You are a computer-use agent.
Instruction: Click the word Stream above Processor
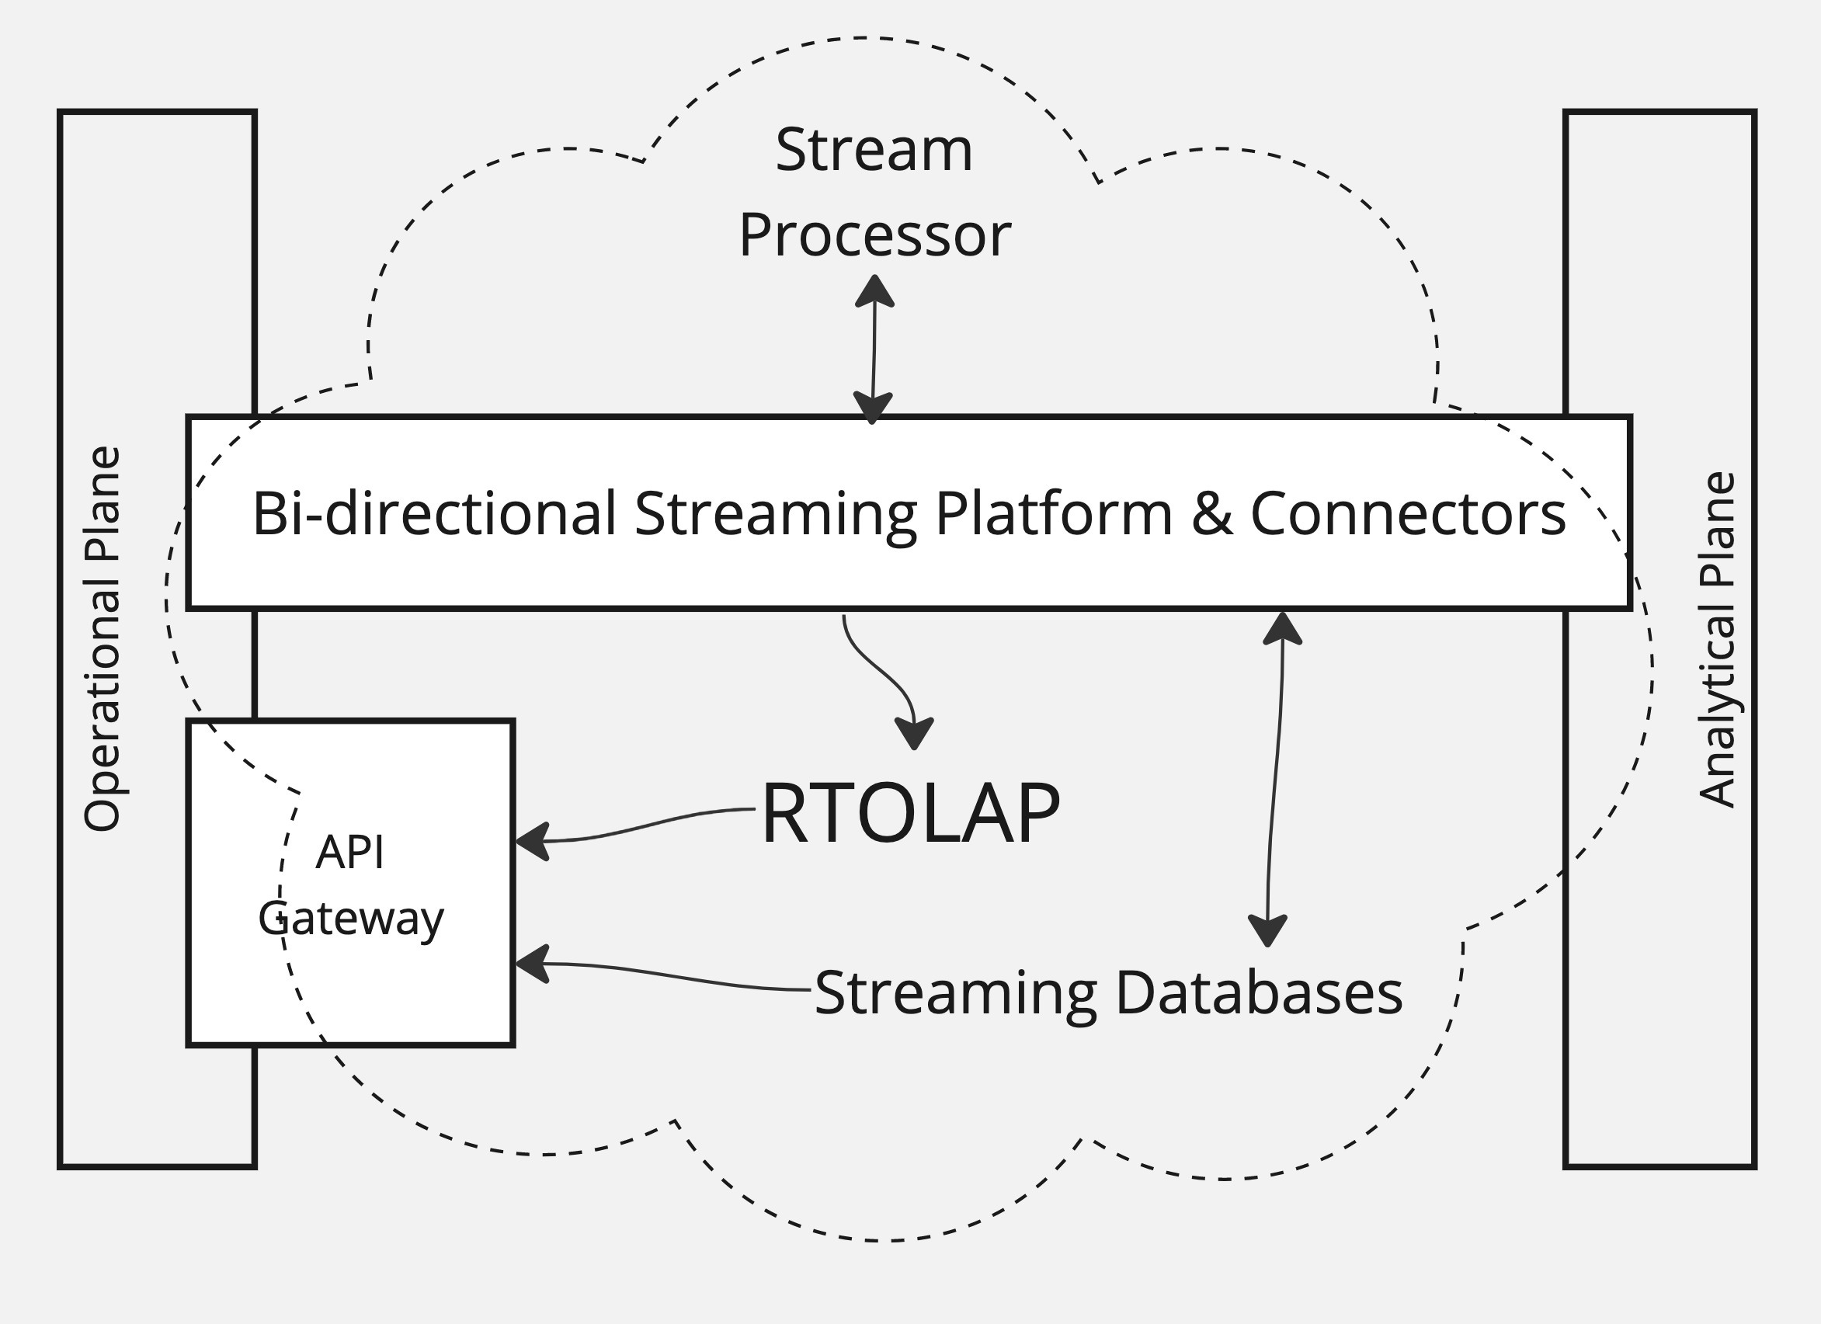coord(874,150)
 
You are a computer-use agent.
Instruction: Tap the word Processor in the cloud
coord(874,236)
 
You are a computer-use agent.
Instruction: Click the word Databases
coord(1259,993)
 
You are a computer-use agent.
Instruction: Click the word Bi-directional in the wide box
coord(434,513)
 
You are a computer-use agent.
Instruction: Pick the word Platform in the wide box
coord(1054,513)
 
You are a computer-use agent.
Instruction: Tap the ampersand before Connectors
coord(1211,513)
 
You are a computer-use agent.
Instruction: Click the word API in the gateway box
coord(350,852)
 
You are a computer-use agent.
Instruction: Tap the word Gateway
coord(351,918)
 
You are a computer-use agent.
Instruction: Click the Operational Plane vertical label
coord(103,639)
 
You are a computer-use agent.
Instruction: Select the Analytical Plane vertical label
coord(1718,639)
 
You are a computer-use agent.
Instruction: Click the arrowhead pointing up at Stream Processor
coord(874,290)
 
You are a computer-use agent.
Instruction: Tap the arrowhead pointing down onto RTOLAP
coord(914,732)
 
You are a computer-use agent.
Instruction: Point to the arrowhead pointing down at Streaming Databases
coord(1268,931)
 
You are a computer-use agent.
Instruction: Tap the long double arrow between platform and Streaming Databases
coord(1275,779)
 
